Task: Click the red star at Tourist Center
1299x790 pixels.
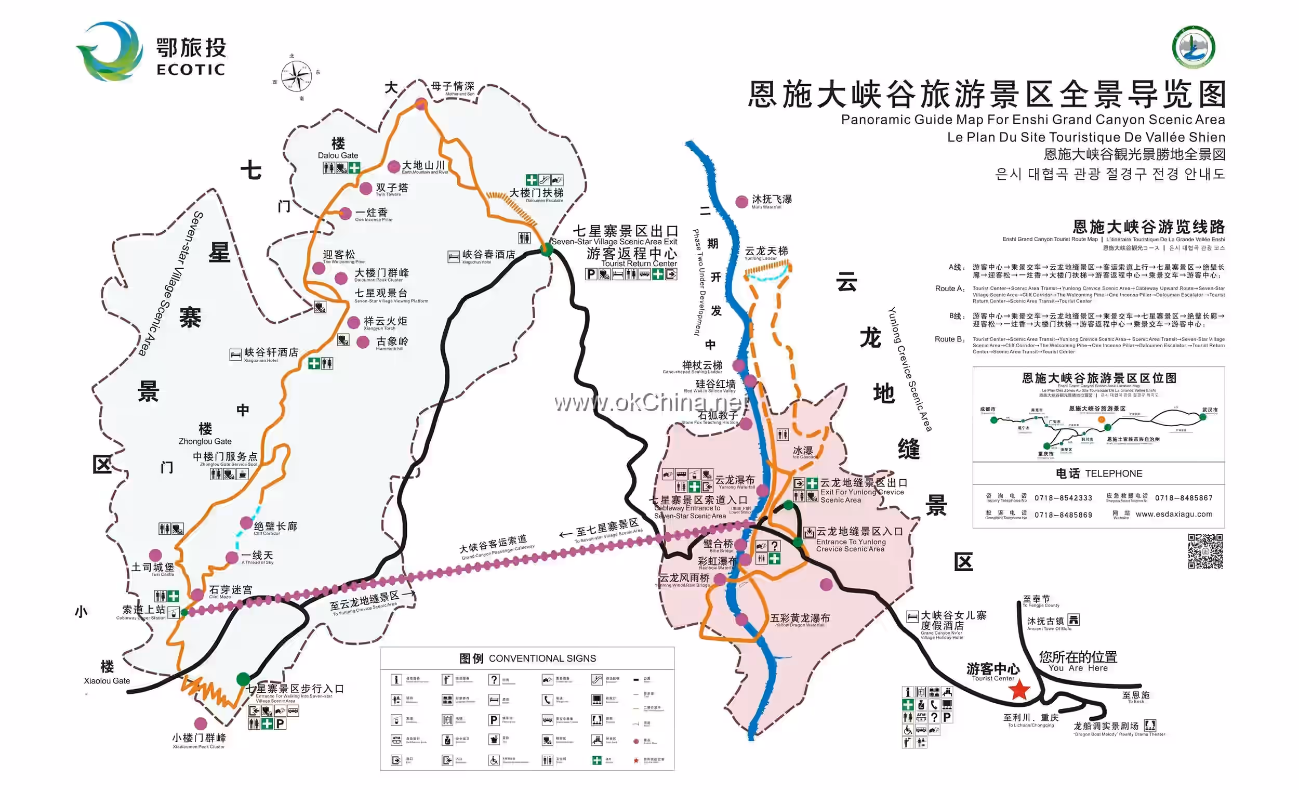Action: (x=1019, y=689)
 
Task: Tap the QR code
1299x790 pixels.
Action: (x=1205, y=551)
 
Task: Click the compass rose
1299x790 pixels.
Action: (x=296, y=76)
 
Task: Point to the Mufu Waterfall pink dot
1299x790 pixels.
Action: (x=741, y=202)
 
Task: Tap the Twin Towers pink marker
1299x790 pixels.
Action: (x=365, y=188)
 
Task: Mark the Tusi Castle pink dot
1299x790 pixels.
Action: (x=155, y=555)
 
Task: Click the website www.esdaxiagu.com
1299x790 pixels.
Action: (x=1174, y=514)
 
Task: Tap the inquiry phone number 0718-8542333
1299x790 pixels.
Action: (x=1063, y=498)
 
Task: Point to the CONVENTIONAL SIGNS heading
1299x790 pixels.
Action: (x=527, y=658)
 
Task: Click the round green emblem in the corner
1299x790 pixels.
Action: (x=1194, y=47)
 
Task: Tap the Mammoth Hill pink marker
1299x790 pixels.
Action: (x=363, y=343)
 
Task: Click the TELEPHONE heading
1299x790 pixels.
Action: (x=1098, y=473)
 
